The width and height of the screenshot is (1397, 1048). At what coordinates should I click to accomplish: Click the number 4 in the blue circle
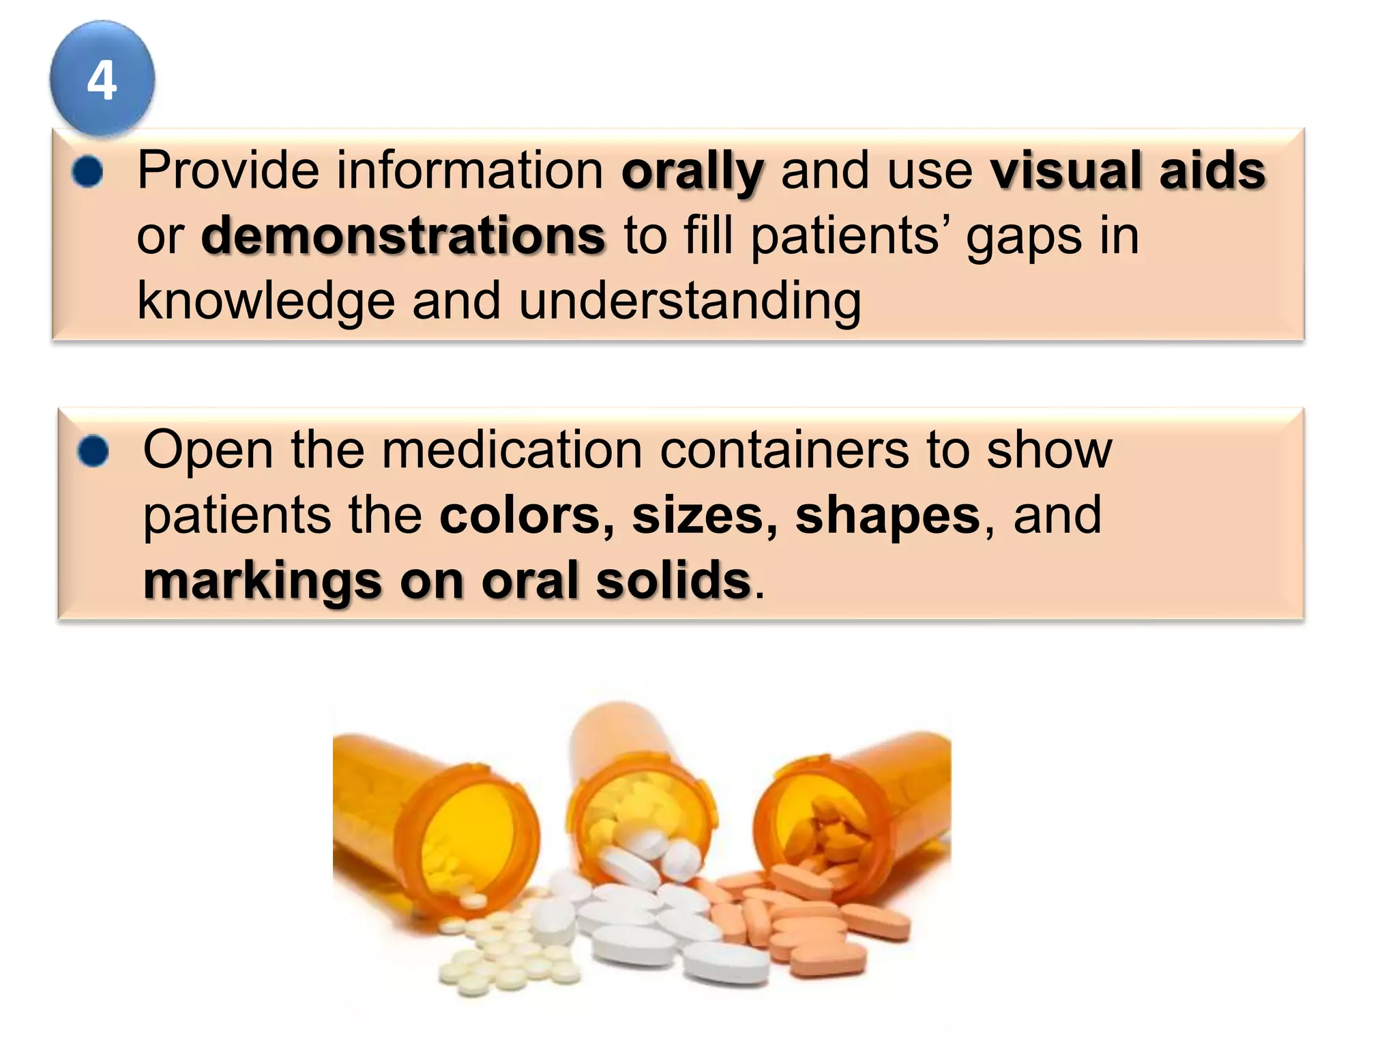[102, 81]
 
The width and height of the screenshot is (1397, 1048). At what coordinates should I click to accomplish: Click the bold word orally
[692, 171]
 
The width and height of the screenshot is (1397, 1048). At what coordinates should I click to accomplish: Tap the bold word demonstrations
[403, 236]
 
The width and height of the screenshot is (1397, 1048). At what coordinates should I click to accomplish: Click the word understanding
[690, 301]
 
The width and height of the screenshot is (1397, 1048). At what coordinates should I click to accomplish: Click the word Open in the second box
[207, 450]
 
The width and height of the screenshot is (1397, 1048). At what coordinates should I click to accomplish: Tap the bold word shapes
[887, 516]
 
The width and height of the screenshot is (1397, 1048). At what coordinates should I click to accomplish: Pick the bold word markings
[262, 581]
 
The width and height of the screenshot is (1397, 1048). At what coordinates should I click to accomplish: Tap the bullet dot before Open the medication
[93, 451]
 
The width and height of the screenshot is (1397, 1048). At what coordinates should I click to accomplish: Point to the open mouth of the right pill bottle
[815, 826]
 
